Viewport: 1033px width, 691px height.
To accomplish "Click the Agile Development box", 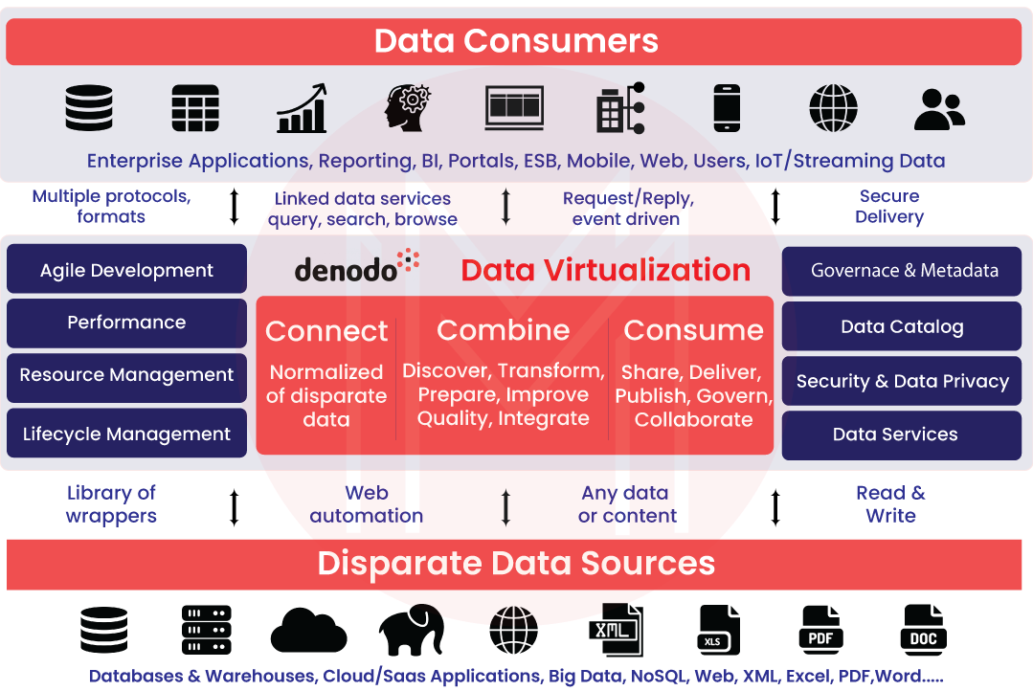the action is tap(126, 269).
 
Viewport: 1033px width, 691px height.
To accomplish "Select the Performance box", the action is tap(126, 323).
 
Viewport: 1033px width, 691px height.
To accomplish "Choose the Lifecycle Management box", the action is tap(126, 433).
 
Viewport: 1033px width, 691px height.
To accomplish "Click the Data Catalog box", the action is tap(901, 326).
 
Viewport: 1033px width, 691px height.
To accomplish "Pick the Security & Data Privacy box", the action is tap(901, 382).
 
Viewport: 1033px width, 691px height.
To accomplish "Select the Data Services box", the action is tap(901, 435).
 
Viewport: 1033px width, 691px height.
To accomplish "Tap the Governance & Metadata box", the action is tap(901, 271).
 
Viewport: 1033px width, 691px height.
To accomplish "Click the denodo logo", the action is tap(356, 266).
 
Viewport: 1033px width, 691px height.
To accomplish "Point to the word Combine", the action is tap(504, 330).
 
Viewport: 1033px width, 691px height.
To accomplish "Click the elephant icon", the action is tap(412, 631).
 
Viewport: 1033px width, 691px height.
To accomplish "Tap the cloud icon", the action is tap(308, 631).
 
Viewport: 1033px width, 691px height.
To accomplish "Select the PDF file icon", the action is tap(820, 631).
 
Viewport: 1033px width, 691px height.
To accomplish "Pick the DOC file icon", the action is tap(923, 631).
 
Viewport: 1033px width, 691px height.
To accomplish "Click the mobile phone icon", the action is tap(727, 108).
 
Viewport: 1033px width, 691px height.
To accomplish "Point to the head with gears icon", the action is tap(407, 107).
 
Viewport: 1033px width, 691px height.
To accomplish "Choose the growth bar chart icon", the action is tap(302, 108).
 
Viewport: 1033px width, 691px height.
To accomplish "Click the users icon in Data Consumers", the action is tap(939, 109).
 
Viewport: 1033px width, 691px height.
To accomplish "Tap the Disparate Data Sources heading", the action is tap(516, 563).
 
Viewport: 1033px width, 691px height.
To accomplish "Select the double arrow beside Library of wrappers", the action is tap(234, 507).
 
